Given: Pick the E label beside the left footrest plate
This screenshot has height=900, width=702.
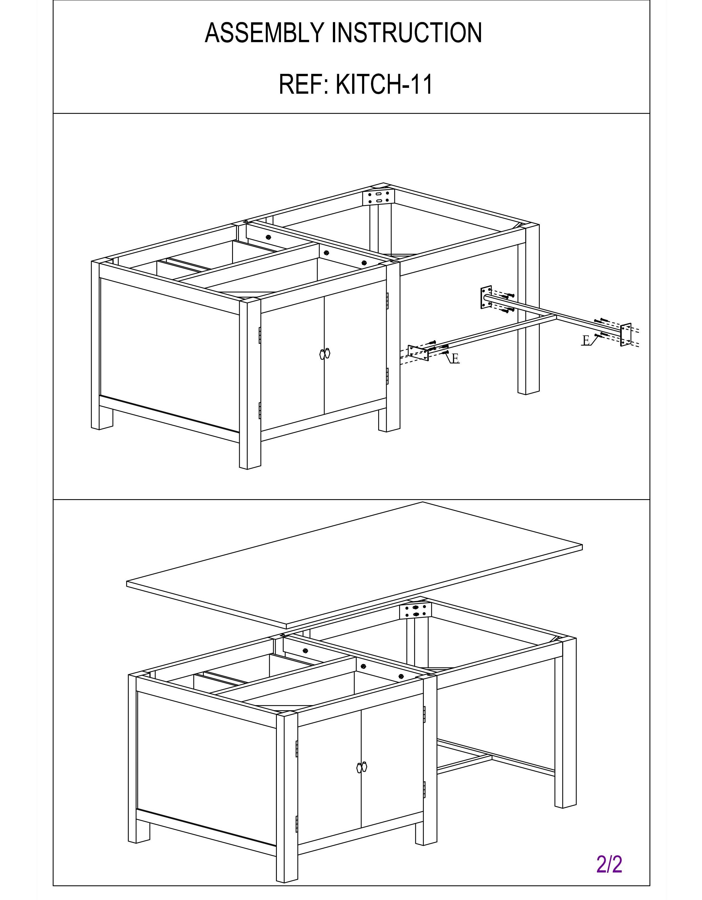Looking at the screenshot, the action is click(x=455, y=359).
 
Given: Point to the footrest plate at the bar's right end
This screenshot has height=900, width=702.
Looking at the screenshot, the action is click(x=626, y=335).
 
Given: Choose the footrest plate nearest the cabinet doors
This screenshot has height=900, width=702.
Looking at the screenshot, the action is click(x=418, y=353).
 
